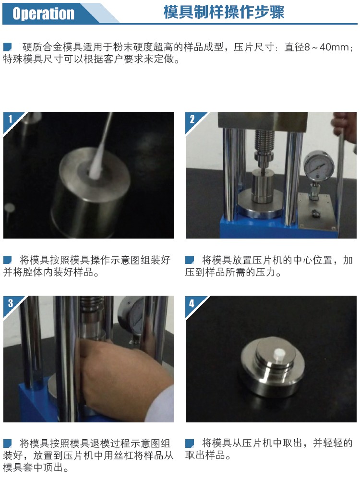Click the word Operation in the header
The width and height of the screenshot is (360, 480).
click(x=43, y=13)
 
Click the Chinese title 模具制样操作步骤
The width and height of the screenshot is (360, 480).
click(x=224, y=12)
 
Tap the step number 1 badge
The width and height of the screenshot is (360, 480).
click(x=10, y=119)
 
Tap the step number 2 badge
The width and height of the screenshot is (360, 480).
click(x=192, y=119)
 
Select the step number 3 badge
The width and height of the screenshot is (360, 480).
click(x=11, y=303)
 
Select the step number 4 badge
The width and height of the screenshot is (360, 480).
click(x=192, y=303)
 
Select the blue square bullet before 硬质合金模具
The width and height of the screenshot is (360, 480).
click(x=7, y=47)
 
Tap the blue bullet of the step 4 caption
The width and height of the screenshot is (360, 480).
click(x=190, y=443)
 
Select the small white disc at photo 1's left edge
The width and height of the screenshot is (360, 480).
click(x=10, y=208)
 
